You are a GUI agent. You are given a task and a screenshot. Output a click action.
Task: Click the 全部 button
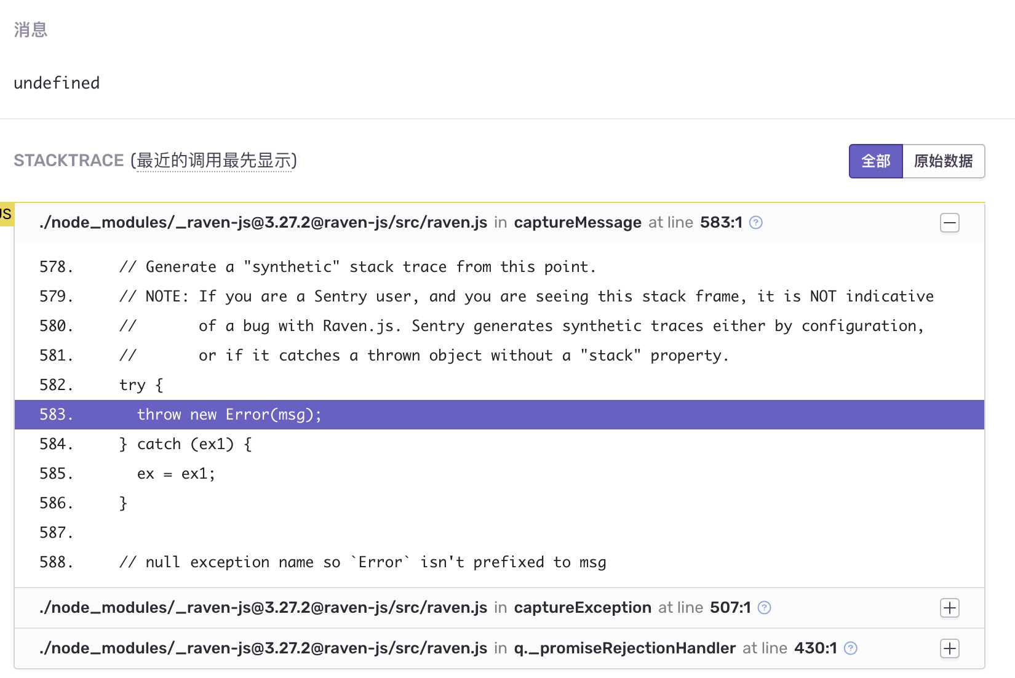click(x=875, y=161)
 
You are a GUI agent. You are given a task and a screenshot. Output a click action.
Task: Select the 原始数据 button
click(x=943, y=161)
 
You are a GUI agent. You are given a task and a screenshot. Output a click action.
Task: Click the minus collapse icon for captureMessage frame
click(x=949, y=223)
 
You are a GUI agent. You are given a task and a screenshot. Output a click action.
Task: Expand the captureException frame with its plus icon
click(x=949, y=608)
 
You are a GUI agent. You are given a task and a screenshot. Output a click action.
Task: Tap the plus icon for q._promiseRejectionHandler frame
click(x=949, y=648)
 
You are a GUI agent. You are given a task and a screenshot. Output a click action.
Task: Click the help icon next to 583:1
click(x=756, y=223)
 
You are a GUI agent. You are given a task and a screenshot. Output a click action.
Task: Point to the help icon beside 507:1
click(x=764, y=608)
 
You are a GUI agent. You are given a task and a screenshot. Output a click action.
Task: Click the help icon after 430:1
click(x=850, y=648)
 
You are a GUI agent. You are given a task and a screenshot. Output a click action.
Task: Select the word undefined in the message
click(x=57, y=83)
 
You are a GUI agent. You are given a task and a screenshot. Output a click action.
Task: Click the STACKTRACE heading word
click(x=69, y=161)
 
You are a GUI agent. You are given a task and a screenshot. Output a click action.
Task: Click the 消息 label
click(x=31, y=30)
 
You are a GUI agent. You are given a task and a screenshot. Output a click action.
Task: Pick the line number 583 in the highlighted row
click(x=56, y=415)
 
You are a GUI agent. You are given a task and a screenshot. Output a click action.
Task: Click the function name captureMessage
click(x=578, y=223)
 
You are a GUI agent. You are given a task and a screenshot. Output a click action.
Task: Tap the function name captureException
click(x=583, y=608)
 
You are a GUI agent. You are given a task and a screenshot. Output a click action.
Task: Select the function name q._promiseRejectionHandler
click(x=624, y=648)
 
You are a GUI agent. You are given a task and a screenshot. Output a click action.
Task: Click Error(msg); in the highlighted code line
click(x=273, y=415)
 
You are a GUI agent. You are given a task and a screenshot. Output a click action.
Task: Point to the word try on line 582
click(x=132, y=385)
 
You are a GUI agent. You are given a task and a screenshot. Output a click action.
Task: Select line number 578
click(x=56, y=267)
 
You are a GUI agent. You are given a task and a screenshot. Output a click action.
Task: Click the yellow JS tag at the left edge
click(x=6, y=214)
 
